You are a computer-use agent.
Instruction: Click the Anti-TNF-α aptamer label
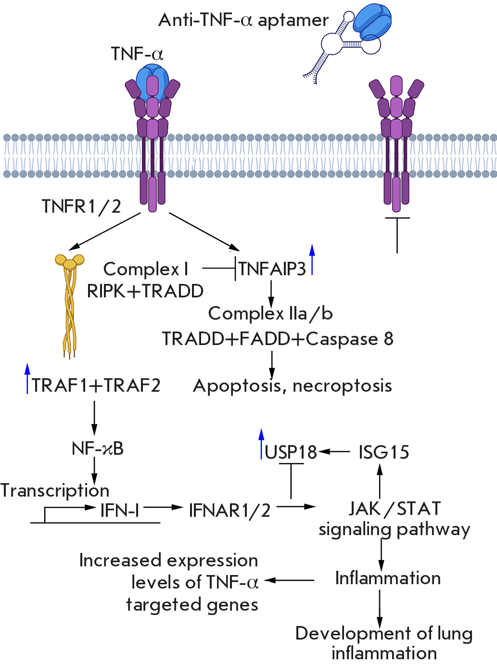point(243,20)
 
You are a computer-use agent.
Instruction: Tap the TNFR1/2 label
point(81,206)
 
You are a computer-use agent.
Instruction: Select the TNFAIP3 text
point(272,269)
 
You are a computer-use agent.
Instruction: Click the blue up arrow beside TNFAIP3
point(312,260)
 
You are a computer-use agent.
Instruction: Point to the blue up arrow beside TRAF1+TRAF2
point(27,379)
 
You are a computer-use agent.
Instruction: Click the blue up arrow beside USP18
point(261,443)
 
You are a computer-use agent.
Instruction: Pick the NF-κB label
point(98,448)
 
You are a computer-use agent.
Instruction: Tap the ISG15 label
point(383,452)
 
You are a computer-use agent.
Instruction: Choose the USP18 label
point(291,452)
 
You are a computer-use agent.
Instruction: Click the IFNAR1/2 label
point(230,510)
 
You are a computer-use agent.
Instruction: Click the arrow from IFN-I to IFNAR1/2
point(164,507)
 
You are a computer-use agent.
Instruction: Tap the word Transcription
point(55,490)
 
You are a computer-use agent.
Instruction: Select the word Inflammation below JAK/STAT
point(388,578)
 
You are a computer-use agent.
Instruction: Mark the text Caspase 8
point(350,339)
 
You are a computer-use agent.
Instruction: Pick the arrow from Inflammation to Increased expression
point(289,580)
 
